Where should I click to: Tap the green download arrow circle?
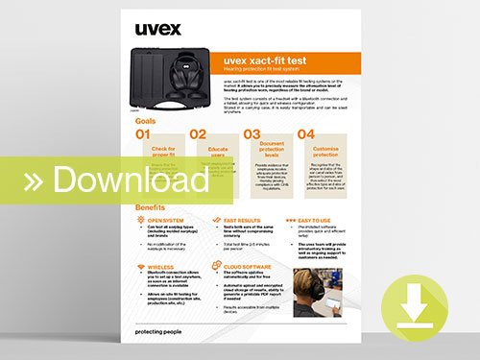(x=416, y=307)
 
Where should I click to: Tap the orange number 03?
(x=252, y=135)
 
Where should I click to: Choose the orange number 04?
(x=306, y=135)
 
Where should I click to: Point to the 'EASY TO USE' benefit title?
(x=300, y=219)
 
